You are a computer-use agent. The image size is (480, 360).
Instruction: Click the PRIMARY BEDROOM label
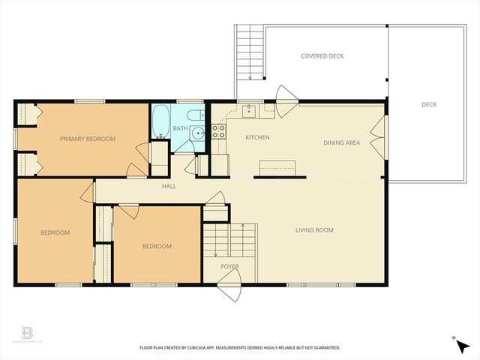(x=88, y=139)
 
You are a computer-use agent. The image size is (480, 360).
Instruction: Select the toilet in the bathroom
(x=194, y=116)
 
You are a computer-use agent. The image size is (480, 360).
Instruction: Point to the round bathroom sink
(x=196, y=134)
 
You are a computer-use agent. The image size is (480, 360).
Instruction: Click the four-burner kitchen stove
(x=219, y=133)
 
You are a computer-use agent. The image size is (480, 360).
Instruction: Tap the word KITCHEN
(x=257, y=138)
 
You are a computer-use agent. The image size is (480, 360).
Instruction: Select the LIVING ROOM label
(x=314, y=230)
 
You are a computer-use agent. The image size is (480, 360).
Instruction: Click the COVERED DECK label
(x=322, y=56)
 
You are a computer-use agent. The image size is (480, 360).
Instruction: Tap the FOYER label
(x=229, y=267)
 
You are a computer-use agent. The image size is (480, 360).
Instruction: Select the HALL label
(x=169, y=186)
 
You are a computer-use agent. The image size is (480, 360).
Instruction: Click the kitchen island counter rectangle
(x=277, y=166)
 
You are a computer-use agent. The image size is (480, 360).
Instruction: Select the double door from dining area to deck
(x=382, y=139)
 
